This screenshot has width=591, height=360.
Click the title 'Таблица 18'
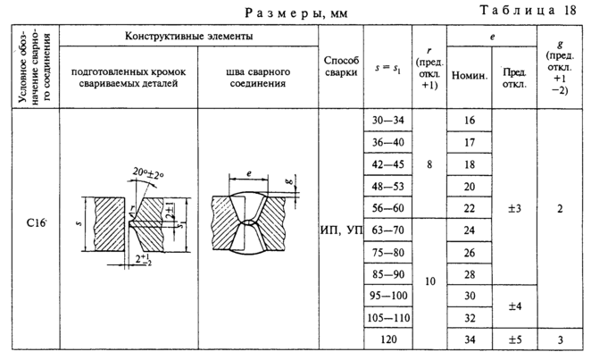pos(530,10)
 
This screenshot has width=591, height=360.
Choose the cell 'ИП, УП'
pos(339,230)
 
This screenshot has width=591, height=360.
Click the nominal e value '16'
pos(469,119)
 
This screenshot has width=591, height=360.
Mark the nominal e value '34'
pos(469,339)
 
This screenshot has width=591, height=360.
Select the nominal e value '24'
pos(469,230)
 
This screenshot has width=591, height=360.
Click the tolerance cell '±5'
pos(514,339)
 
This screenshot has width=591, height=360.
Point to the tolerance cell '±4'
pos(514,306)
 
